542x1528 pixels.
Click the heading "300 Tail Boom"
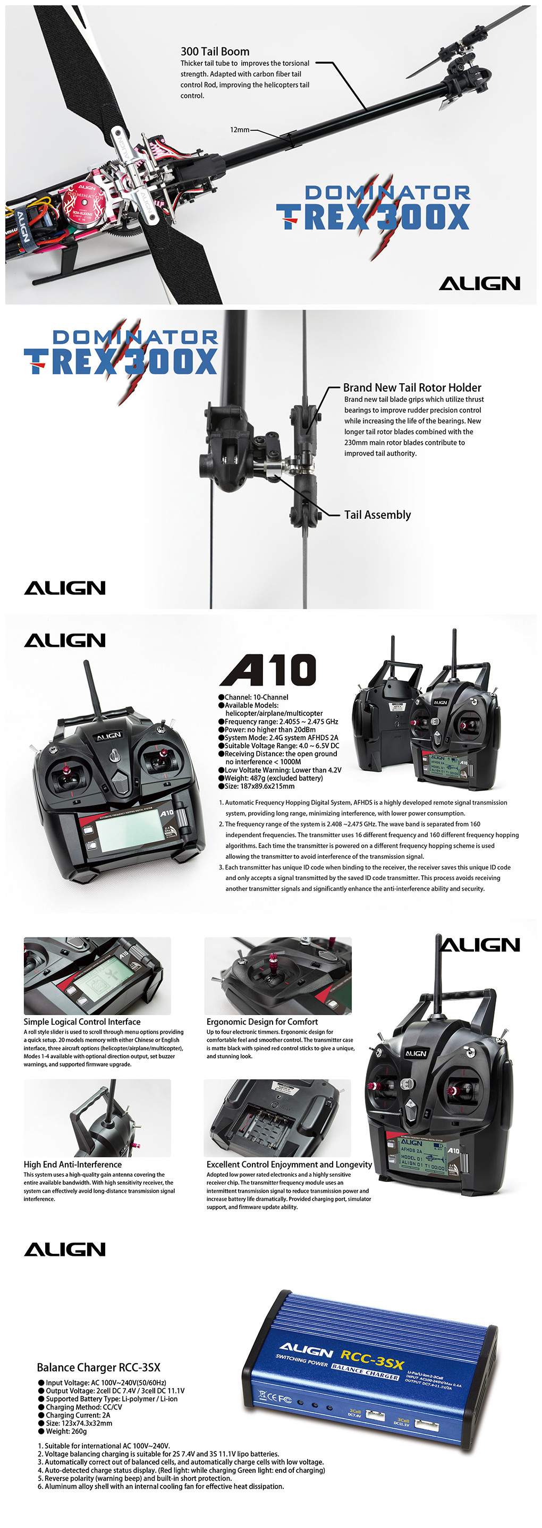215,52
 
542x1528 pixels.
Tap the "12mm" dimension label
240,129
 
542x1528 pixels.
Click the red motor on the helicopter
84,204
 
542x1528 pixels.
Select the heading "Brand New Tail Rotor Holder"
412,387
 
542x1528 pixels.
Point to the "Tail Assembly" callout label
377,515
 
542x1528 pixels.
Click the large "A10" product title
268,670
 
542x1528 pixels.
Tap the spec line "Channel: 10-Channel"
253,697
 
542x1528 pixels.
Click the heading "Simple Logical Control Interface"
82,1022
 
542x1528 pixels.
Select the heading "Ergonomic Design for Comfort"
262,1022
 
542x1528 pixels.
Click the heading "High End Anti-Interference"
72,1164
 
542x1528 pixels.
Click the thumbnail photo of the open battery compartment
277,1118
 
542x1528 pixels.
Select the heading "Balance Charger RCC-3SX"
98,1367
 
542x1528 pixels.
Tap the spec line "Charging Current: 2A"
74,1415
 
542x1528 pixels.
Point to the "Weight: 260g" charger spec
62,1431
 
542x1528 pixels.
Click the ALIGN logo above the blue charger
65,1250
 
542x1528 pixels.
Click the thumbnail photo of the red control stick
277,976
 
